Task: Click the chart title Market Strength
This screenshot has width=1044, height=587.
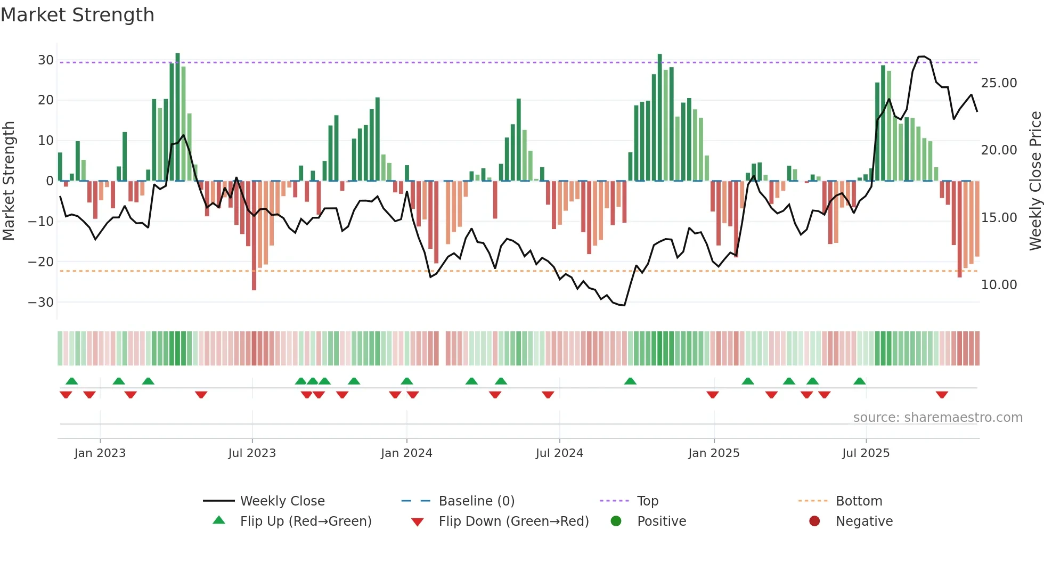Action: [78, 15]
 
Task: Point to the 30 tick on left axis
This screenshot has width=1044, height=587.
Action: [46, 60]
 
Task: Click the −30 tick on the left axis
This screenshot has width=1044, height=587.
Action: [41, 303]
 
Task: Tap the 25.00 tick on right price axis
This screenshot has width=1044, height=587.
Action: [999, 83]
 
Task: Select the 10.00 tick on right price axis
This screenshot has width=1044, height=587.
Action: [999, 285]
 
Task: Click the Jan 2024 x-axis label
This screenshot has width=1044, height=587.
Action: [406, 453]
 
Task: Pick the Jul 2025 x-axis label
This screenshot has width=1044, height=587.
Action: [866, 453]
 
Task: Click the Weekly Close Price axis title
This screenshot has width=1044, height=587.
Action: [1035, 181]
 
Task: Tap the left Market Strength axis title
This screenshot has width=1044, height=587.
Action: [9, 181]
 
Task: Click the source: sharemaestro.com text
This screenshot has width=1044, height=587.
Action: [937, 418]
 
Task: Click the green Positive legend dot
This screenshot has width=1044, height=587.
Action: [616, 521]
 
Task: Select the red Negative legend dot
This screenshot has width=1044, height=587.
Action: [814, 521]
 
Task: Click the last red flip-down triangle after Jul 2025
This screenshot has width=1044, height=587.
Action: [942, 395]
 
